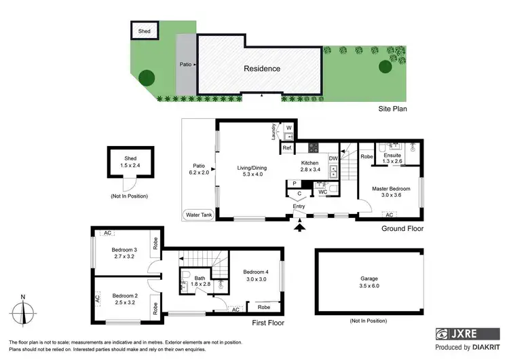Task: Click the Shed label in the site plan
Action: [x=144, y=31]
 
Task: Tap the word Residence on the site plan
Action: [x=261, y=69]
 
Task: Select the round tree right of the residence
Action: [x=385, y=66]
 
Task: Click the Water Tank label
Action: [x=199, y=215]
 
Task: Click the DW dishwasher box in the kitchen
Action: [x=333, y=159]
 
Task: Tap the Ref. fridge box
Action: [x=287, y=147]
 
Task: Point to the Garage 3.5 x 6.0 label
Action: [x=369, y=282]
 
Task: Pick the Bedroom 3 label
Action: [x=124, y=253]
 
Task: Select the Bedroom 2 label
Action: [x=124, y=299]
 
